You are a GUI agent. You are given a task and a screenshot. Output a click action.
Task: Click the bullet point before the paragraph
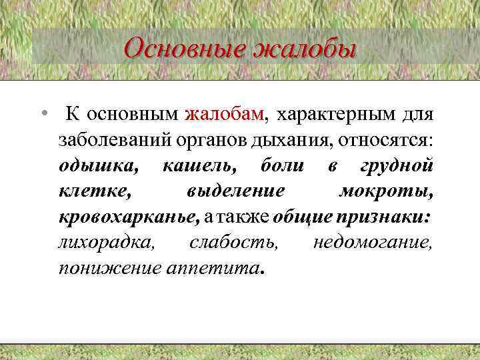(x=43, y=114)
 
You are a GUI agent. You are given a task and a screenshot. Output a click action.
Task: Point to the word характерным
(x=325, y=114)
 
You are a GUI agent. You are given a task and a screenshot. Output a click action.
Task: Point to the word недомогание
(x=373, y=243)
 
